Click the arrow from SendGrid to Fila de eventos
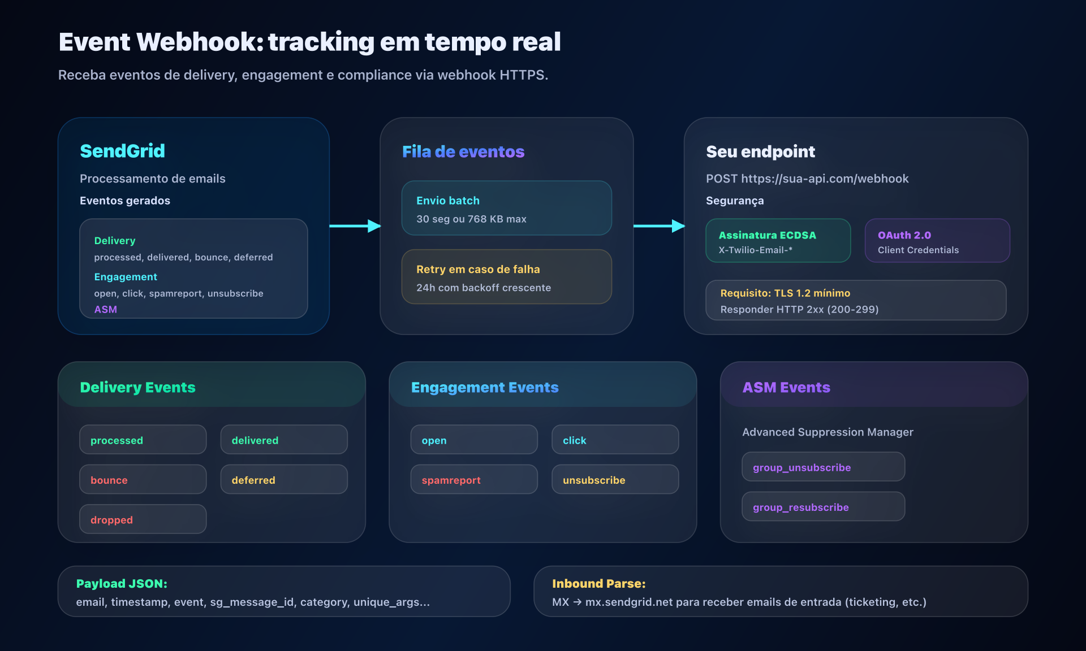[355, 226]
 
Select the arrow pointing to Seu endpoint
[659, 226]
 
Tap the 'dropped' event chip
[143, 519]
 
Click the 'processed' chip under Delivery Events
[143, 440]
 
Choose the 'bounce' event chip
[143, 480]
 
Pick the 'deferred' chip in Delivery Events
[284, 480]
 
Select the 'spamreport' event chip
[474, 480]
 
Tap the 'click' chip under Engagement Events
[615, 440]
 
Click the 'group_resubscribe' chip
[823, 507]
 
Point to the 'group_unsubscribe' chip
[823, 467]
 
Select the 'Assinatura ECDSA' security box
[778, 241]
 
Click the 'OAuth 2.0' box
[937, 241]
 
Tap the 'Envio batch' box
[506, 208]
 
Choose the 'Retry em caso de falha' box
[506, 277]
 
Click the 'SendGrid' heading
[123, 151]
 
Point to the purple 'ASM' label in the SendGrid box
[106, 310]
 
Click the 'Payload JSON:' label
[122, 584]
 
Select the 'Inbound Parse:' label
[598, 584]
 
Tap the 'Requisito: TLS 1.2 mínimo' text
[785, 293]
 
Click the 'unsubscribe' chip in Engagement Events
[615, 480]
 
